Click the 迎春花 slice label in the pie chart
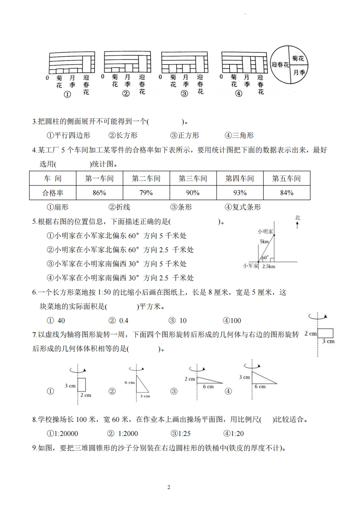coord(280,65)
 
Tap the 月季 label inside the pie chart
coord(298,72)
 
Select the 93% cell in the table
coord(240,193)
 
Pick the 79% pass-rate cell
coord(146,193)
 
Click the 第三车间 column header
coord(192,178)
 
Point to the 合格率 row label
coord(53,193)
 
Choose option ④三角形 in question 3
coord(239,135)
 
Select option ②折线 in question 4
coord(119,207)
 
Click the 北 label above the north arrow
coord(298,218)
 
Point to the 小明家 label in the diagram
coord(265,231)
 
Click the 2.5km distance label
coord(269,267)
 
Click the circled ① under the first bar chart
coord(68,95)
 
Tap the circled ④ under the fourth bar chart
coord(239,94)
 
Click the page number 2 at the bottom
coord(168,487)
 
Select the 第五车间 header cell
coord(286,178)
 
